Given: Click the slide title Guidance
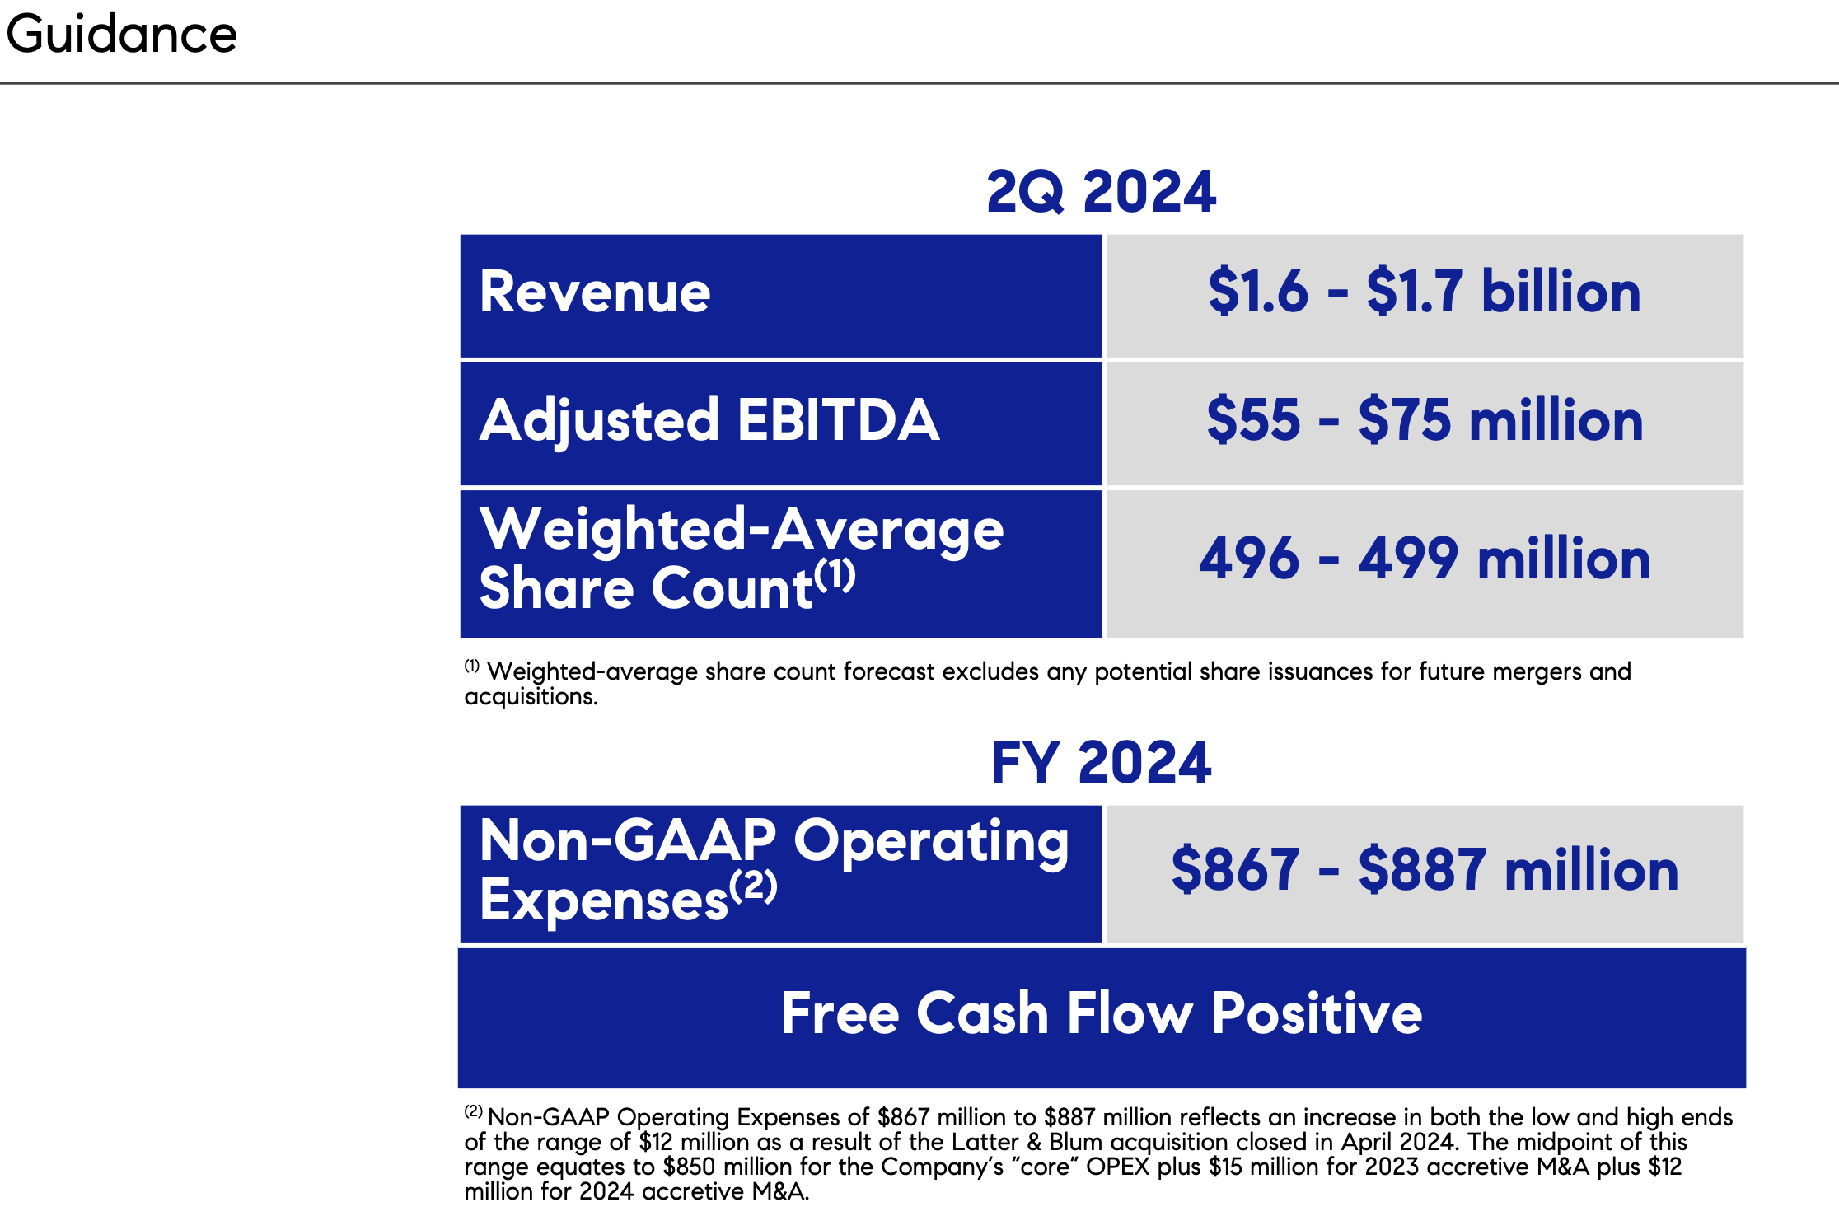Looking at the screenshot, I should [x=121, y=35].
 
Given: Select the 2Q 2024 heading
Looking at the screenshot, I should [x=1101, y=192].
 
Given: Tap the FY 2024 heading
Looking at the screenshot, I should [x=1101, y=763].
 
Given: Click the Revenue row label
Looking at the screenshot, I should [x=594, y=292].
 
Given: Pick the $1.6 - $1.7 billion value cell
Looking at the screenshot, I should [x=1424, y=292].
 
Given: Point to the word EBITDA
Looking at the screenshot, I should [x=838, y=421].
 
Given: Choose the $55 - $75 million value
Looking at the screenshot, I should [x=1424, y=421].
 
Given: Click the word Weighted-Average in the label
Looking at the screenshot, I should [x=742, y=529].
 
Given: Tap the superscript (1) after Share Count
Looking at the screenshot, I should [x=835, y=575].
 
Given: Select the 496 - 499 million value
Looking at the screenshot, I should [x=1424, y=559].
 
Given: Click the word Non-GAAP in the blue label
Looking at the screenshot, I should [x=628, y=841].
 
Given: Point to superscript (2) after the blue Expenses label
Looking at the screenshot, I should [x=753, y=886].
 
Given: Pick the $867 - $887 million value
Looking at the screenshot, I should [x=1424, y=871].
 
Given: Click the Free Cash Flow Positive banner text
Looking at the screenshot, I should [x=1101, y=1013].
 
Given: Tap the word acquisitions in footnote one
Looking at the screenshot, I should [x=531, y=697].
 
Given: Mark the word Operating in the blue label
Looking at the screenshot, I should [x=931, y=841].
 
